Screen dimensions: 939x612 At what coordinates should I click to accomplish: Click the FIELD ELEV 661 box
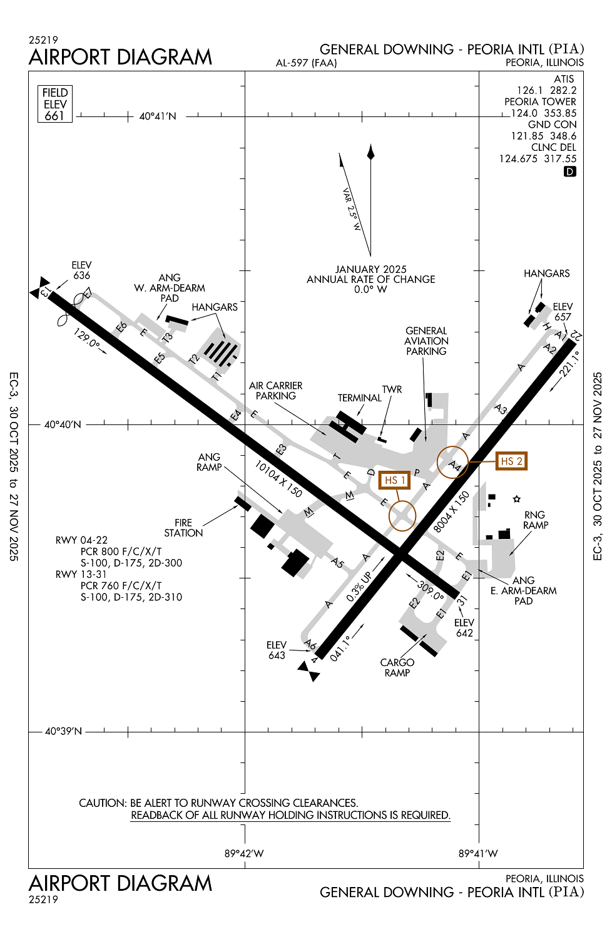(55, 104)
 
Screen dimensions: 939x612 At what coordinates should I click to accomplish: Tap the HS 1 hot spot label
(394, 480)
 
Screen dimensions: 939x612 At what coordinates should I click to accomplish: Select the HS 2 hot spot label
(511, 461)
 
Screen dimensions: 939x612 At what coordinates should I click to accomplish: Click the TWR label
(392, 389)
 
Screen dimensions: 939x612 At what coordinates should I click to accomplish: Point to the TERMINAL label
(359, 398)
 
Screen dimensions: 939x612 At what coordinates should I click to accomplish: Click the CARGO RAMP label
(397, 667)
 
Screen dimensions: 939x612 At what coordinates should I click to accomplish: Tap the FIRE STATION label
(183, 528)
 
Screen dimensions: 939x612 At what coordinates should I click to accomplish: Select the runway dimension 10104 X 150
(278, 479)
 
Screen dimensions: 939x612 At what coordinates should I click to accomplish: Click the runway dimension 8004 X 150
(451, 512)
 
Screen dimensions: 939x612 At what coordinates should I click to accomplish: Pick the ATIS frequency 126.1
(529, 91)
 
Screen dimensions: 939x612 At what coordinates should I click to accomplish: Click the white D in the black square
(569, 172)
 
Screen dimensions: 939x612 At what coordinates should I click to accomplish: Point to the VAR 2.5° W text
(352, 209)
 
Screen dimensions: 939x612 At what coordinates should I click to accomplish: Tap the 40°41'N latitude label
(158, 116)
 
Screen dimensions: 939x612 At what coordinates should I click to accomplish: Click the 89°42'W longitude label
(244, 853)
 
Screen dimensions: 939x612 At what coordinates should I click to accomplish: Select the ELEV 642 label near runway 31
(464, 628)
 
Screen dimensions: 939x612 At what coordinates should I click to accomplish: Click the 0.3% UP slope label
(359, 587)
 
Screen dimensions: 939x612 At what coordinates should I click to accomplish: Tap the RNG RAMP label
(535, 520)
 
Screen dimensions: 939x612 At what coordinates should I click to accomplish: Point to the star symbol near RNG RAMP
(516, 499)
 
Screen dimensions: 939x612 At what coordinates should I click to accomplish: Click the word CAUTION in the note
(102, 803)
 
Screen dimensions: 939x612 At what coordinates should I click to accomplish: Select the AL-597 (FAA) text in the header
(306, 63)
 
